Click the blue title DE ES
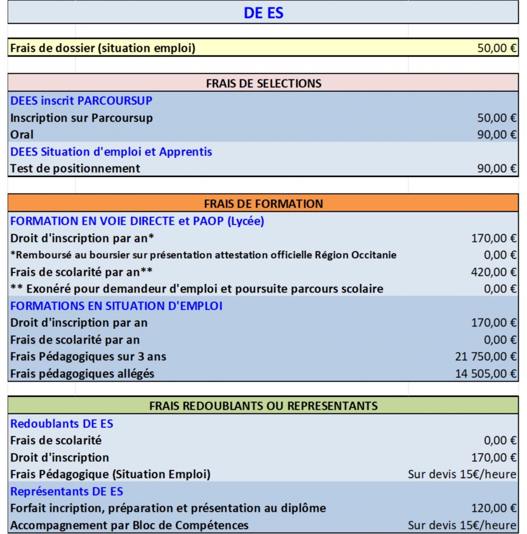tap(263, 13)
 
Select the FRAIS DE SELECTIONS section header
tap(263, 83)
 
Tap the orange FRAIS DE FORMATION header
tap(263, 203)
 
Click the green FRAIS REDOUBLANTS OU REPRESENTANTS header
tap(263, 406)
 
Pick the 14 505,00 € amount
tap(486, 373)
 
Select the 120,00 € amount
tap(494, 508)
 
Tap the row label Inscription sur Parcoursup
tap(81, 118)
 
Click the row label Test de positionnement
tap(75, 168)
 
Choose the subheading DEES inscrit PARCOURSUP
tap(81, 101)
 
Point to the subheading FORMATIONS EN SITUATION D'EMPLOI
tap(116, 306)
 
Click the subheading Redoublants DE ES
tap(62, 423)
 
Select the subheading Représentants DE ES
tap(67, 491)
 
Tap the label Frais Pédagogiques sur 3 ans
tap(88, 357)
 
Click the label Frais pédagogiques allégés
tap(82, 373)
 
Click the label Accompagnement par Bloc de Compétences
tap(129, 525)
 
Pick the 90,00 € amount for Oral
tap(497, 135)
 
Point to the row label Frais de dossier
tap(103, 48)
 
